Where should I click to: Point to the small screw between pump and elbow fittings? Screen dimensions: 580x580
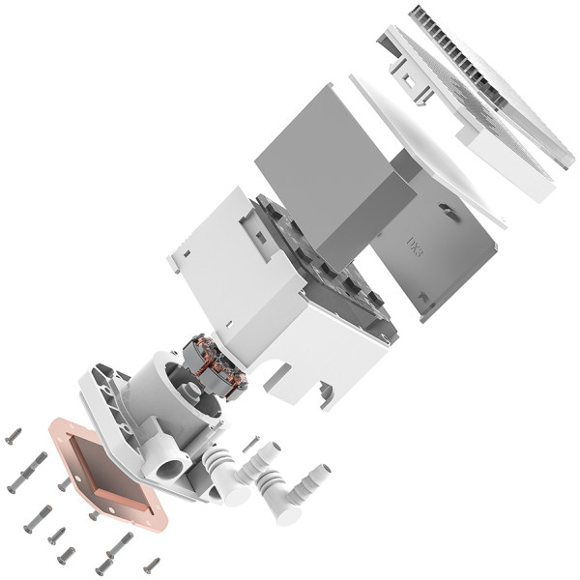click(x=250, y=443)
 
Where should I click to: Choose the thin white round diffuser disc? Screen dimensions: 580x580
click(x=425, y=145)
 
